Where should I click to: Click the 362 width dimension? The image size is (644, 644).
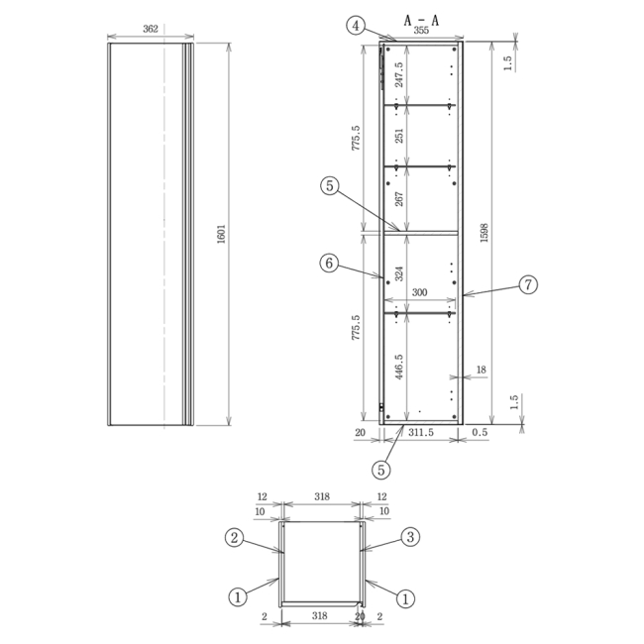tap(151, 30)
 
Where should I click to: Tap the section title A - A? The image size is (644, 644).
tap(421, 19)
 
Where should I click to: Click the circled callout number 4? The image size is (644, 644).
tap(355, 26)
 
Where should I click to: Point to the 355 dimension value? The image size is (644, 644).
tap(421, 32)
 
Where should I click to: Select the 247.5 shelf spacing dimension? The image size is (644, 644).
tap(399, 76)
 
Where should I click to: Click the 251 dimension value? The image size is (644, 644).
tap(399, 135)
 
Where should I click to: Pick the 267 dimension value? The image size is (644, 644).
tap(399, 198)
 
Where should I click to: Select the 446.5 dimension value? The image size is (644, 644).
tap(399, 367)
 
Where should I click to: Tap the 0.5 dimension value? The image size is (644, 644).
tap(480, 433)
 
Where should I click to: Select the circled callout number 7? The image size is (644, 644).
tap(528, 285)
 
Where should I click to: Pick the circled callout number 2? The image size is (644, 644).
tap(235, 538)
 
